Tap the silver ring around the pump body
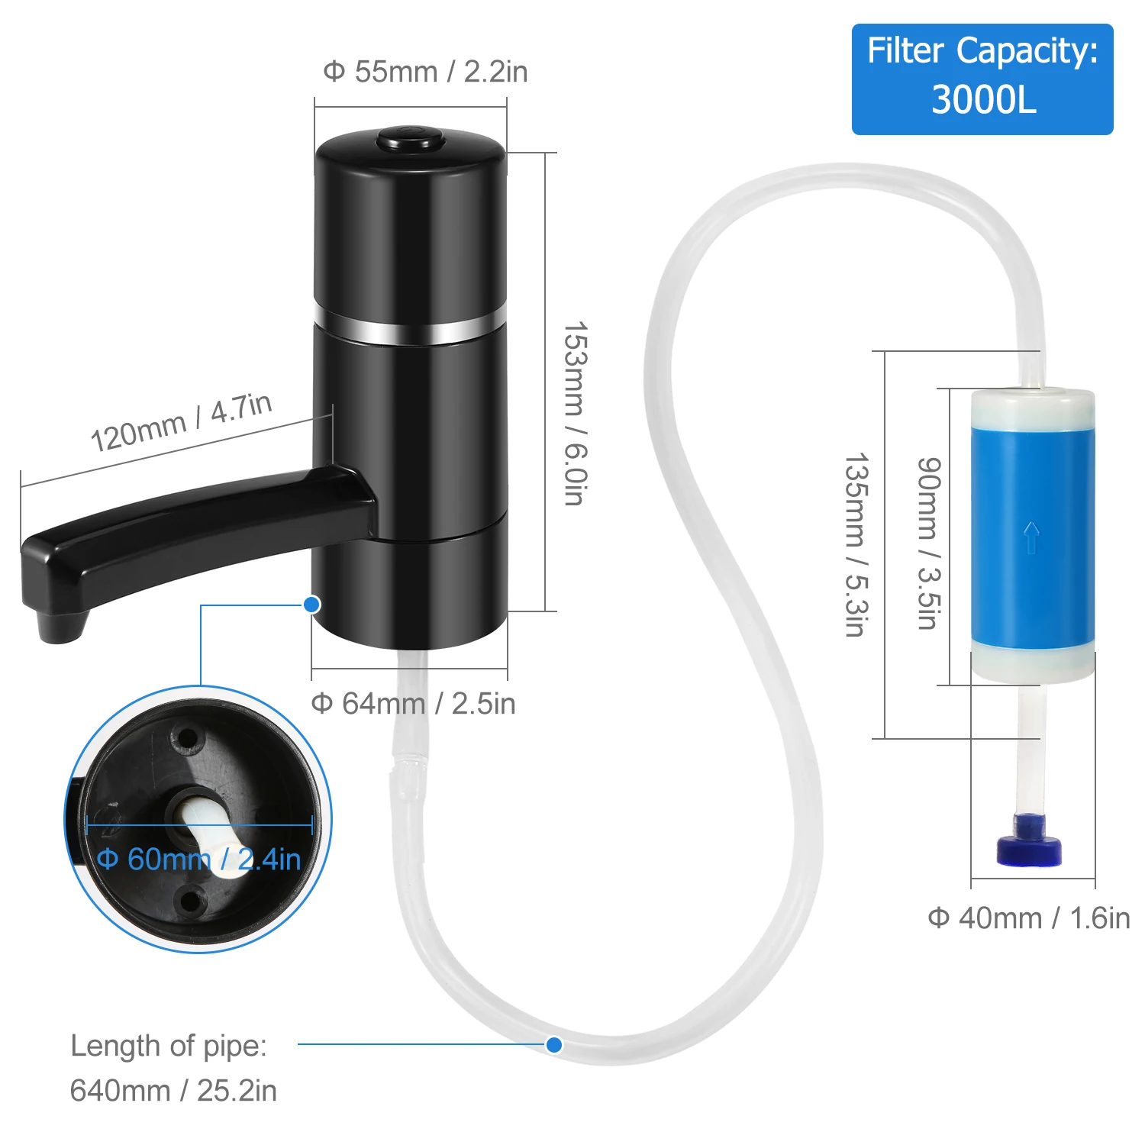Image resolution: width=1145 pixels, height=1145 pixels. [411, 330]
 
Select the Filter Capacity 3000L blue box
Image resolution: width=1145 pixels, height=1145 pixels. [982, 79]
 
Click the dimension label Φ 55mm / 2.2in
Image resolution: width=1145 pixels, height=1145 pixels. [425, 72]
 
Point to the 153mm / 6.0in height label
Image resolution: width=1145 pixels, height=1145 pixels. [575, 413]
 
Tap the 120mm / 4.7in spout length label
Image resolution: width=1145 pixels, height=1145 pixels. [181, 422]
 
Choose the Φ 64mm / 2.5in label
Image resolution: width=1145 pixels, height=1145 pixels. [413, 704]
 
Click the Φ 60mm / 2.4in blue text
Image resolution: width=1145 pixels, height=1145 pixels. [198, 860]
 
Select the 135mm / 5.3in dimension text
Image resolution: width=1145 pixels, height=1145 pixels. [856, 544]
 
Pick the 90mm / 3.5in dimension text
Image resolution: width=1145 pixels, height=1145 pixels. [928, 543]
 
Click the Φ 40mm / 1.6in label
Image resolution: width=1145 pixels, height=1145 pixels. [1028, 918]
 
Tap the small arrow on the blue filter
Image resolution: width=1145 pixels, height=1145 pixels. [1031, 537]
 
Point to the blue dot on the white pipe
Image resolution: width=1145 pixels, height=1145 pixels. [554, 1044]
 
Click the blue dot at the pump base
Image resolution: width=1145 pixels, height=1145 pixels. [311, 605]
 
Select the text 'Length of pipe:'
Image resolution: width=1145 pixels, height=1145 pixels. [169, 1046]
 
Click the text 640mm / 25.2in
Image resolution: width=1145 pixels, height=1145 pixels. [173, 1091]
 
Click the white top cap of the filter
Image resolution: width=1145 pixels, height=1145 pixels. [1032, 405]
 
